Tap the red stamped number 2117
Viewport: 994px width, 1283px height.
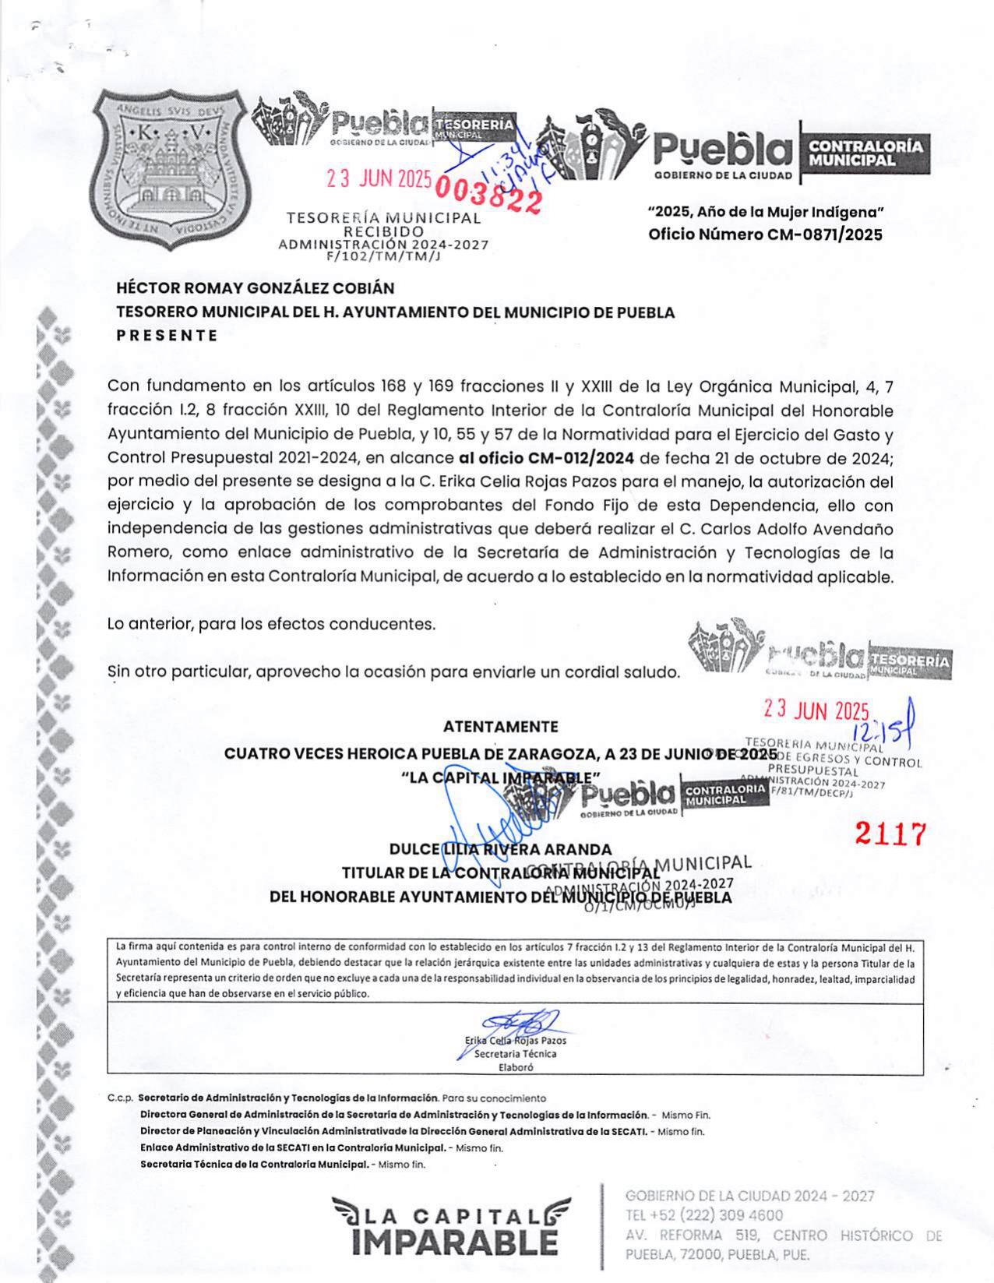click(x=891, y=834)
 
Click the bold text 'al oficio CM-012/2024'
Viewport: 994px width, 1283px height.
click(x=546, y=458)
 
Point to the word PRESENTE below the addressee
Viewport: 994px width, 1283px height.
click(x=167, y=336)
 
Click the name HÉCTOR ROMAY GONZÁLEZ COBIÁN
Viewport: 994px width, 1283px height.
click(x=256, y=288)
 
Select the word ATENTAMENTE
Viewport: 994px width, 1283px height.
click(x=500, y=727)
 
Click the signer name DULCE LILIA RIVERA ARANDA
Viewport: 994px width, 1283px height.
click(x=500, y=849)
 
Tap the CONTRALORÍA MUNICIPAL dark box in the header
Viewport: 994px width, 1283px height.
click(x=865, y=153)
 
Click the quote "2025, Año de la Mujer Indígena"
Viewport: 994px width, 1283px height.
click(x=765, y=212)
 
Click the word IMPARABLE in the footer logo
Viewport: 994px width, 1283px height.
click(x=454, y=1242)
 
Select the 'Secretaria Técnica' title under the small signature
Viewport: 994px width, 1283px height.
click(x=516, y=1054)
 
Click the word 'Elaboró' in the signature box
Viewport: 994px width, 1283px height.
click(x=516, y=1068)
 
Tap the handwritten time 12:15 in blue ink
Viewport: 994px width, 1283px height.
click(x=882, y=730)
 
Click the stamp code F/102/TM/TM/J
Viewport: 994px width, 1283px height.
click(x=383, y=256)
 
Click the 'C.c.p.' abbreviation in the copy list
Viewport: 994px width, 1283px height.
click(x=120, y=1098)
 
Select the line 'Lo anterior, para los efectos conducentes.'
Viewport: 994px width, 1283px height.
click(x=272, y=624)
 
